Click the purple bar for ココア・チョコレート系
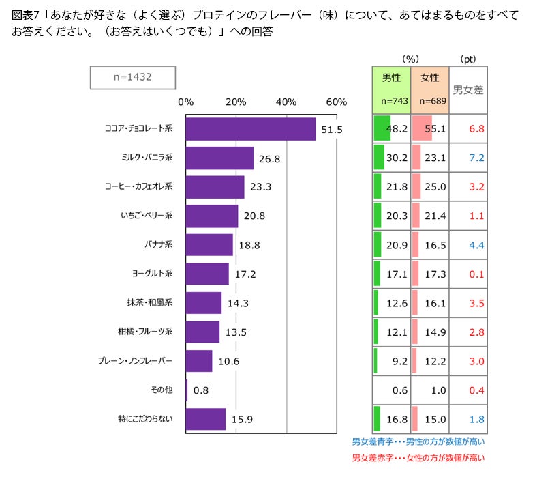pos(251,129)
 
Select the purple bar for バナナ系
pos(209,244)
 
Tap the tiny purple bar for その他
pos(187,390)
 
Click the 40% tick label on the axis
pos(286,102)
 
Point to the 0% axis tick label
pos(185,102)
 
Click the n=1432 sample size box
pos(133,77)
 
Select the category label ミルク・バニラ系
pos(147,157)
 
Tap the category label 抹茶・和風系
pos(150,302)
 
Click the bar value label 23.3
pos(261,187)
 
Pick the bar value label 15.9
pos(242,420)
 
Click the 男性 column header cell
pos(391,90)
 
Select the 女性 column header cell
pos(430,90)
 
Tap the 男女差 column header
pos(468,90)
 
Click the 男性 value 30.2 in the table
pos(397,158)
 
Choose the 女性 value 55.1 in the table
pos(435,129)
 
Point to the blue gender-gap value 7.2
pos(476,158)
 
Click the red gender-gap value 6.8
pos(476,129)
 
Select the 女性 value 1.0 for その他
pos(438,390)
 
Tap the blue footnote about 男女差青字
pos(418,441)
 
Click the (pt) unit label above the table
pos(468,59)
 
